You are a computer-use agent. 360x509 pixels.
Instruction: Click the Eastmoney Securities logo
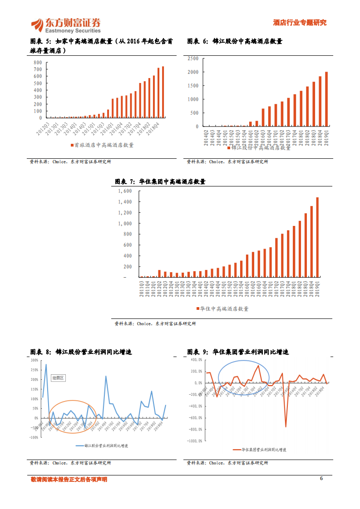[x=66, y=25]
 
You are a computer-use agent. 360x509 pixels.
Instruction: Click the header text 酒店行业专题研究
[x=299, y=23]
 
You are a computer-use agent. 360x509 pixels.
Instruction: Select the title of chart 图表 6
[x=235, y=41]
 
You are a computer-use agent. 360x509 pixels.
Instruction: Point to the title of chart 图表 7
[x=160, y=181]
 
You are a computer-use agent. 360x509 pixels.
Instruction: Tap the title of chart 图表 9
[x=238, y=352]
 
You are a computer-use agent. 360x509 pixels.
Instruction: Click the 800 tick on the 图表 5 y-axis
[x=38, y=63]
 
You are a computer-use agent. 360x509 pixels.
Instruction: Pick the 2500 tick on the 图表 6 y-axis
[x=192, y=59]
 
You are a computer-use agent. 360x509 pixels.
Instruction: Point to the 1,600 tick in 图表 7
[x=125, y=191]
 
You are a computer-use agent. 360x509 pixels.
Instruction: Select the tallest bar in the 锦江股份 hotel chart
[x=326, y=99]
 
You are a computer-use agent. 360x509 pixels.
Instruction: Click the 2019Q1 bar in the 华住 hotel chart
[x=317, y=237]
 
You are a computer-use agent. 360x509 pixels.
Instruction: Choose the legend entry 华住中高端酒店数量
[x=222, y=308]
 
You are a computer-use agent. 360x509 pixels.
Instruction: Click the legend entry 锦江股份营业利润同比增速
[x=103, y=446]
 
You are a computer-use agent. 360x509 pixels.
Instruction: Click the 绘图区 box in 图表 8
[x=58, y=377]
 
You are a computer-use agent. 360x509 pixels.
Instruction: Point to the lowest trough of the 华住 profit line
[x=286, y=426]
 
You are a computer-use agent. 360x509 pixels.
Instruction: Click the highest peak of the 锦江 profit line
[x=46, y=364]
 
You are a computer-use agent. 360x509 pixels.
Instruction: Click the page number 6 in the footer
[x=321, y=479]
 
